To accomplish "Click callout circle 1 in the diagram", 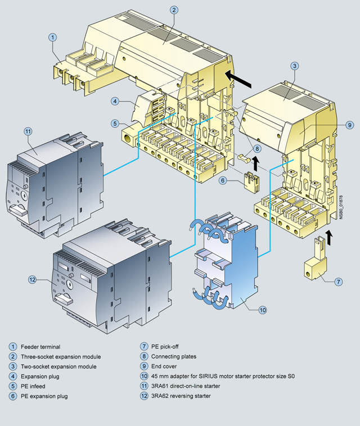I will (52, 37).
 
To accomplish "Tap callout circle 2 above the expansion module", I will (174, 10).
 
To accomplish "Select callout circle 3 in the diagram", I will (294, 65).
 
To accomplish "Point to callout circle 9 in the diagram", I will (349, 124).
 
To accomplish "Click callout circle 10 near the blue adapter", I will (262, 310).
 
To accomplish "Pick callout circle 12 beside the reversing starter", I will (32, 279).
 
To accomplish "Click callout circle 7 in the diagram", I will (338, 281).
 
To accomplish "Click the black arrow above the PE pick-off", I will (329, 236).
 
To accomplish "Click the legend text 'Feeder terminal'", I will (40, 347).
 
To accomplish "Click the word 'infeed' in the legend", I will (38, 387).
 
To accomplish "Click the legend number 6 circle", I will (12, 397).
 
